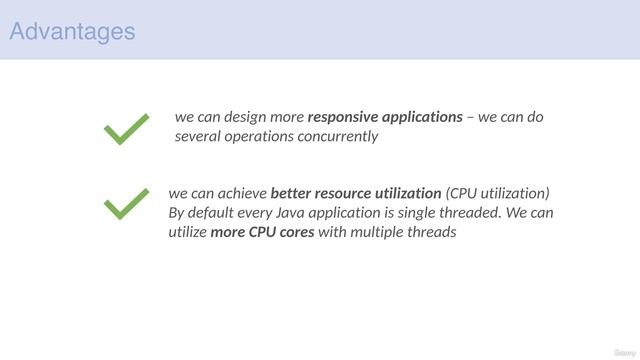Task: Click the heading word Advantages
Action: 72,31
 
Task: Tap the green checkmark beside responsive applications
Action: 127,129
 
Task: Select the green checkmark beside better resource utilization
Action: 126,205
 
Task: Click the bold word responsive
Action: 343,117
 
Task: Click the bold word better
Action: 292,193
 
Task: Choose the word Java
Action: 299,213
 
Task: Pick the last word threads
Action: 435,233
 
